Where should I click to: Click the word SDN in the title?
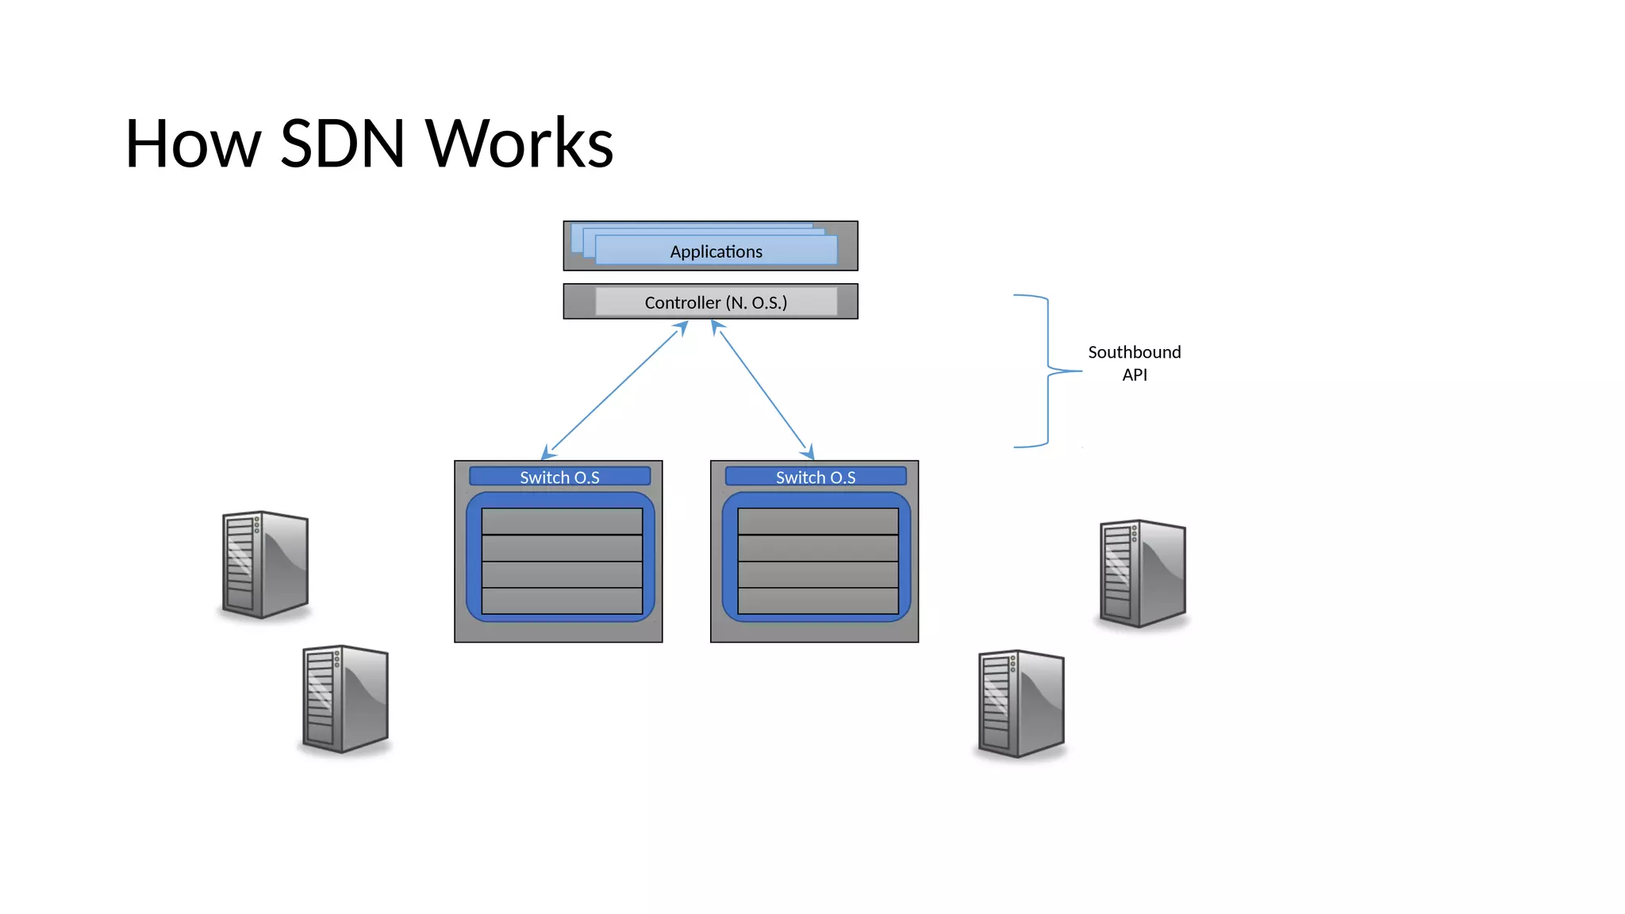tap(343, 144)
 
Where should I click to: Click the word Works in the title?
tap(519, 144)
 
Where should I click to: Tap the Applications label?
tap(716, 252)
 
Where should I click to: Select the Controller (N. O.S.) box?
tap(715, 302)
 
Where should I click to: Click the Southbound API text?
tap(1134, 363)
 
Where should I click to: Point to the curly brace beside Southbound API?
tap(1047, 371)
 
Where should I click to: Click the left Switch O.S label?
tap(559, 477)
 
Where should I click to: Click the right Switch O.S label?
tap(815, 477)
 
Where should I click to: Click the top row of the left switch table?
tap(562, 521)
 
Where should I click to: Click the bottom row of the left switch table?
tap(562, 601)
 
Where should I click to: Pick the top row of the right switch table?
tap(817, 521)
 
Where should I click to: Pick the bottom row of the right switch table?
tap(817, 601)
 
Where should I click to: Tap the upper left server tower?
tap(264, 564)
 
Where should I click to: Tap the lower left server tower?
tap(345, 698)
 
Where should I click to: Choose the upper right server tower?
tap(1142, 573)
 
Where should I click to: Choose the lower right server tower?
tap(1020, 703)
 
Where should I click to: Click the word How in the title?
tap(193, 144)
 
